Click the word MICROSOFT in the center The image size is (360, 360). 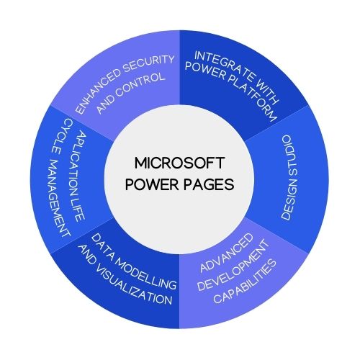coord(179,163)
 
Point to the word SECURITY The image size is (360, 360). coord(148,63)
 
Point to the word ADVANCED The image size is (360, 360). coord(227,253)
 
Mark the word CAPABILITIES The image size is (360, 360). coord(245,282)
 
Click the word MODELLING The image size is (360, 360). coord(146,272)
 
